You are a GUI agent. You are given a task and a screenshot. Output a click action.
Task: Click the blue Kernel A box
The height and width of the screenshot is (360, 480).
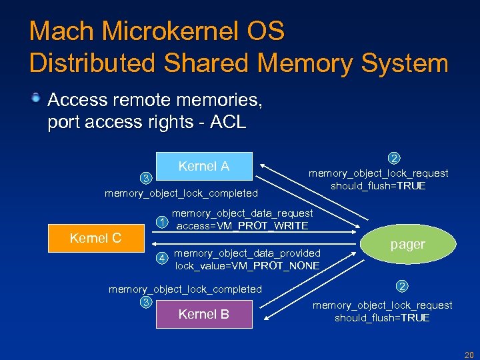[x=204, y=167]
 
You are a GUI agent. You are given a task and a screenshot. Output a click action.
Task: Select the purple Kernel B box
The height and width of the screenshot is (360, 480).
[x=204, y=315]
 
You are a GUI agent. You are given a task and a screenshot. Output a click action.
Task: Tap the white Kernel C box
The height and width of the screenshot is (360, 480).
[x=96, y=238]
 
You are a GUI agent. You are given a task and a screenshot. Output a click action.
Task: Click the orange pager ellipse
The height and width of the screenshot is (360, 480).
[x=407, y=244]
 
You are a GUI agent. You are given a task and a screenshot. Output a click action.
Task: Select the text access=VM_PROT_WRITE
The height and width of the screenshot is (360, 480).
[x=242, y=226]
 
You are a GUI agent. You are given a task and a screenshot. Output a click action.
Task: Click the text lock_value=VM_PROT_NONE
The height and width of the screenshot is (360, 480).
[x=247, y=266]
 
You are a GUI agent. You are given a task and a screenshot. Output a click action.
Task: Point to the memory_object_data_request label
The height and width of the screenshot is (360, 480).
[x=243, y=213]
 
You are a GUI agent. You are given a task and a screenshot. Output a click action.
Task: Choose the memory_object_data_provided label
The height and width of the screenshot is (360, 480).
[x=247, y=253]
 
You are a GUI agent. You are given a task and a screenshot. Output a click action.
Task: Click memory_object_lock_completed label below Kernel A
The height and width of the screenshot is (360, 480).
[x=181, y=193]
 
